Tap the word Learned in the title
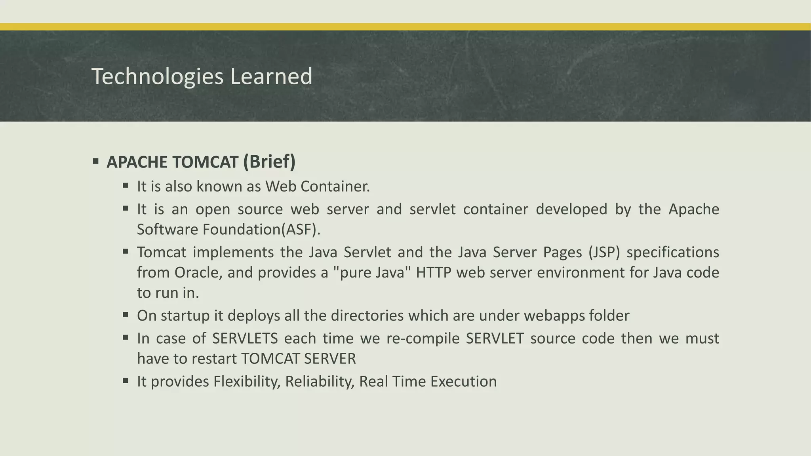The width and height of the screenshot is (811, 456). [x=271, y=76]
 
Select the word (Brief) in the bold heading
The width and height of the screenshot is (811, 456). [x=269, y=162]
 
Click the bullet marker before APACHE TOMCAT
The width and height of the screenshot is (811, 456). [x=95, y=161]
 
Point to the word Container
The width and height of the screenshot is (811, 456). [x=335, y=186]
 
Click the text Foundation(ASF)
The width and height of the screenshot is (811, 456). [x=261, y=230]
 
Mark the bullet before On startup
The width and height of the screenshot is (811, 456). [x=126, y=315]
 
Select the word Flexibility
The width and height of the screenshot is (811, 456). [x=247, y=382]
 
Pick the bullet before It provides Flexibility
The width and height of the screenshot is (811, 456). [x=126, y=381]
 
